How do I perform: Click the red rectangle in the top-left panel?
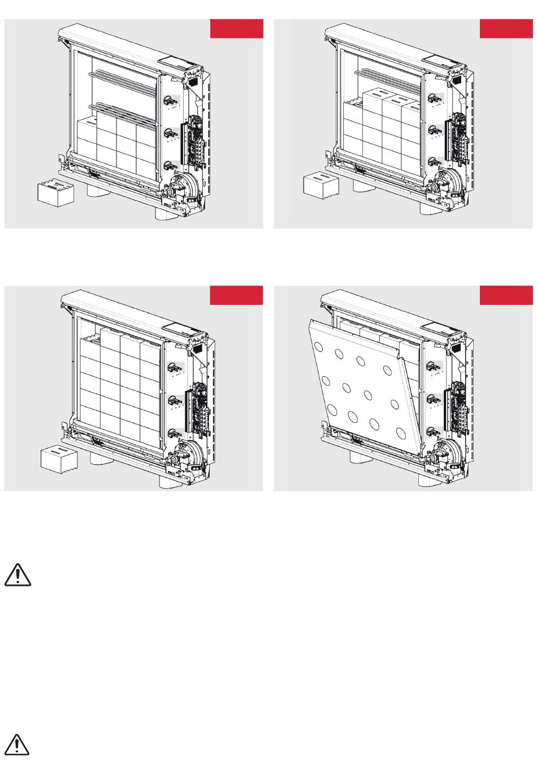coord(236,29)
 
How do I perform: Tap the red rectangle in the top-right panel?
coord(506,29)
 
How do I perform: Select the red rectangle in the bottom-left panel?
coord(236,295)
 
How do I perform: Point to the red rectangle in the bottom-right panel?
coord(506,295)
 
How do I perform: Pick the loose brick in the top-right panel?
coord(321,185)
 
